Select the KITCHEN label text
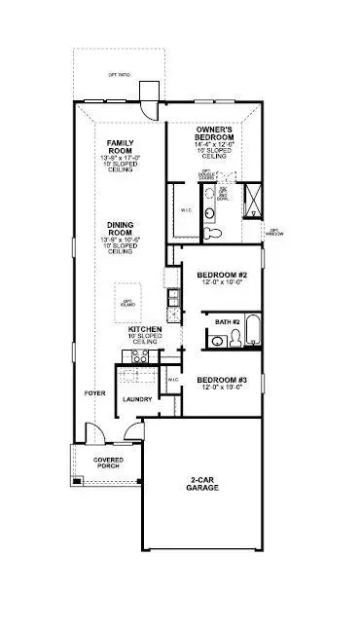tap(145, 330)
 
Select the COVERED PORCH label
tap(107, 463)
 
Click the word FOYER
tap(94, 394)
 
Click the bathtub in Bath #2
tap(252, 331)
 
